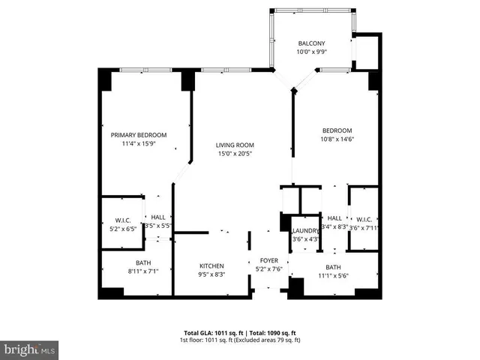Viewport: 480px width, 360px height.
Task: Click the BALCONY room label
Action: (x=310, y=43)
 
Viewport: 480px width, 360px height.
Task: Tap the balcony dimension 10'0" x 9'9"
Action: (x=310, y=52)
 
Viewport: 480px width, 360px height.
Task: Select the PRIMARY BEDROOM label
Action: (x=139, y=135)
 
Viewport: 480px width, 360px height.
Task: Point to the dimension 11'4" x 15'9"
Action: (x=139, y=144)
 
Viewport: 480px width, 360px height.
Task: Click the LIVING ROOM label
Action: (x=235, y=145)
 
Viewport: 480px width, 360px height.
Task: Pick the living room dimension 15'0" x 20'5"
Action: (x=235, y=154)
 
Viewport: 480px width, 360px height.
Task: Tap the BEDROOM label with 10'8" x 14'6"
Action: (x=337, y=130)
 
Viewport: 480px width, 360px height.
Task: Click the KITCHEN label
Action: (x=211, y=266)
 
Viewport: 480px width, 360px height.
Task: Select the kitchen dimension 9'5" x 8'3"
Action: (x=211, y=275)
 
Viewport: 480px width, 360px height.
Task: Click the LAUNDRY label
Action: (x=305, y=231)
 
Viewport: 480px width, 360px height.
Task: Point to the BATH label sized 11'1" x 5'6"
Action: (x=332, y=266)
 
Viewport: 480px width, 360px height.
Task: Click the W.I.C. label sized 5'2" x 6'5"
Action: (x=123, y=220)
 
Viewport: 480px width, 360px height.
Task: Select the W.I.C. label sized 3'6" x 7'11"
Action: (x=365, y=219)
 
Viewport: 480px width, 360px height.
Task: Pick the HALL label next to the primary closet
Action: (x=158, y=217)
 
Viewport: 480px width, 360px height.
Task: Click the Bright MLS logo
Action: (x=30, y=349)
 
